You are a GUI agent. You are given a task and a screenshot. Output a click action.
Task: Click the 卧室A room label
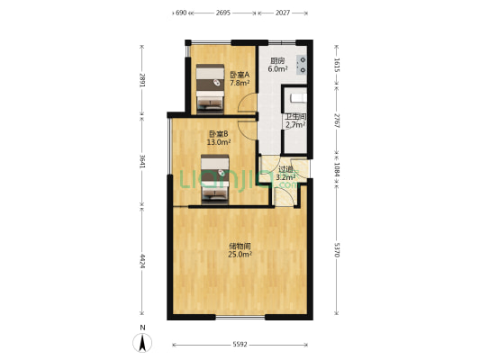(240, 75)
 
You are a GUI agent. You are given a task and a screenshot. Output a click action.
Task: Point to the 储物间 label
(240, 247)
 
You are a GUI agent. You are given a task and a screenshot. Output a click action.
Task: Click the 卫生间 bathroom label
(295, 117)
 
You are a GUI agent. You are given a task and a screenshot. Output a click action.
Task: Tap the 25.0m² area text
(240, 255)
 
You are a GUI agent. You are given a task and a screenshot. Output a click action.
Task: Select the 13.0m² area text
(219, 142)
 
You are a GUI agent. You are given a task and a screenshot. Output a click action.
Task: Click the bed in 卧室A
(210, 86)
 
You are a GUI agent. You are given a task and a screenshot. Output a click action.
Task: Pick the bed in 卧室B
(215, 179)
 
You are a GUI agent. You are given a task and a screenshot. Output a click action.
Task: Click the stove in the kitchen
(302, 65)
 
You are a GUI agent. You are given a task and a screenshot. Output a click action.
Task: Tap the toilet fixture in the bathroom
(298, 97)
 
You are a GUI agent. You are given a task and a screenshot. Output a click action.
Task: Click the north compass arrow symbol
(142, 343)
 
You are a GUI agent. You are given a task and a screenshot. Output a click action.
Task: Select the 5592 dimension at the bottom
(240, 345)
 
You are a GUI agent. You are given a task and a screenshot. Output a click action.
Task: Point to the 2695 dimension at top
(223, 13)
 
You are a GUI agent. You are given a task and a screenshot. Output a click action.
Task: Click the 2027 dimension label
(282, 13)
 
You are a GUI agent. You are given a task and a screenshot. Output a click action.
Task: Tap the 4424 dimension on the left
(142, 261)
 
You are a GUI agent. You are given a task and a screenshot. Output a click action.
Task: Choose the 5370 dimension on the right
(337, 250)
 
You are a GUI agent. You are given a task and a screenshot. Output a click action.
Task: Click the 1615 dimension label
(337, 65)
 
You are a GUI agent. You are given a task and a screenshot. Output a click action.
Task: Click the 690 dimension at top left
(181, 13)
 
